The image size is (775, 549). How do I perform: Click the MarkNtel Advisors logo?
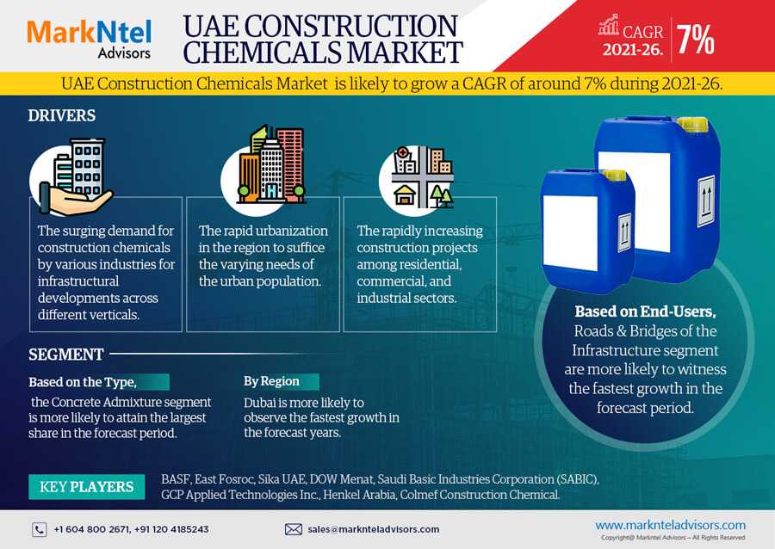(x=89, y=40)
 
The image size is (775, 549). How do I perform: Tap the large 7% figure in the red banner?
(x=696, y=40)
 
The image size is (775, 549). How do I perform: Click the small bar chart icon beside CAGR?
(x=609, y=25)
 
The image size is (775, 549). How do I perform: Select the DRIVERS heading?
(x=62, y=115)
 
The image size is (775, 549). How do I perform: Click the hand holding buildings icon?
(x=75, y=176)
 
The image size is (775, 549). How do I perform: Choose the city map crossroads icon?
(x=423, y=177)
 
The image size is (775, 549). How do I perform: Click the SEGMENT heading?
(x=65, y=355)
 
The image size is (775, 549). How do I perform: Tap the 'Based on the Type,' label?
(x=83, y=382)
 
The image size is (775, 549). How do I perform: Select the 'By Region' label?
(x=271, y=381)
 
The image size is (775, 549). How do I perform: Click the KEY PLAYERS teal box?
(x=86, y=487)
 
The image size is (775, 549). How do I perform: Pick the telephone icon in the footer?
(x=39, y=530)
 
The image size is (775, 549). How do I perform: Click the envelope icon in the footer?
(x=293, y=530)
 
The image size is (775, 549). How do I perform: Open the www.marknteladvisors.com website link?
(x=670, y=525)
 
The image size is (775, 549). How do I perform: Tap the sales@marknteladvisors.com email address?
(x=373, y=529)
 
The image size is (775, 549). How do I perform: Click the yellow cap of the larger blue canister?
(x=692, y=124)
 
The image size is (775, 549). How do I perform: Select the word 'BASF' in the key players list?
(x=175, y=479)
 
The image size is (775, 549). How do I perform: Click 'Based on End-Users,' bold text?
(x=645, y=312)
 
